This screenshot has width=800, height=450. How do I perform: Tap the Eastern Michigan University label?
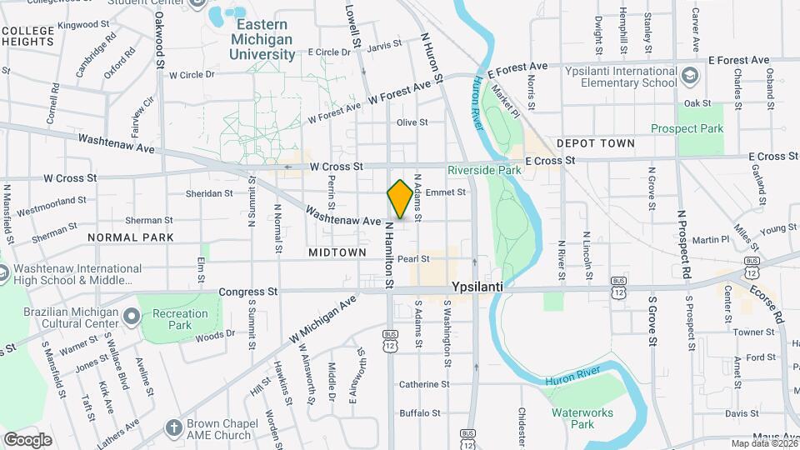point(263,40)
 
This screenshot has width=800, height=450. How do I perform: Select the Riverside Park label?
point(484,170)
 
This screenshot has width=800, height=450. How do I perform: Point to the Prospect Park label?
point(687,128)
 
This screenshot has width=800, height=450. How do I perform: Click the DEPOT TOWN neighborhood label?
point(595,143)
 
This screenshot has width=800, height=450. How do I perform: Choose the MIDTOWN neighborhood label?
point(337,252)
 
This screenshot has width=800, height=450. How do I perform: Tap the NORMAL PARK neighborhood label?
point(131,237)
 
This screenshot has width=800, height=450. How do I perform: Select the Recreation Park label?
point(180,319)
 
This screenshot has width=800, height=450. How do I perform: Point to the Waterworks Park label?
point(582,418)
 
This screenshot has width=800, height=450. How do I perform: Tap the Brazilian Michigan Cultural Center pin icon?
point(131,317)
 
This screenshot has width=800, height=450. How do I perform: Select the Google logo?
point(27,439)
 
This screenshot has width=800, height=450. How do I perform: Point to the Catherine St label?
point(424,384)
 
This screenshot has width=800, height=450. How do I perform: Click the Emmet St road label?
point(445,192)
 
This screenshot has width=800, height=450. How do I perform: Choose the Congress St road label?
point(247,292)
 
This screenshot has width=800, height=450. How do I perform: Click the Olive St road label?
point(412,122)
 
